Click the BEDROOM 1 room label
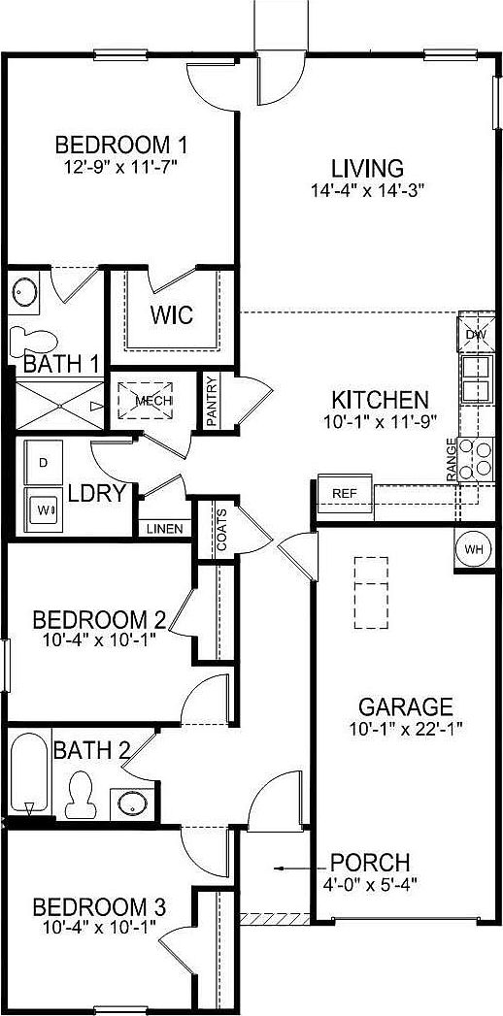(x=121, y=146)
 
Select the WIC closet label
(x=171, y=315)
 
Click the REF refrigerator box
(x=345, y=493)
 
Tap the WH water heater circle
(x=474, y=549)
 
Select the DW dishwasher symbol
(x=476, y=335)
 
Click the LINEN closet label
(x=163, y=529)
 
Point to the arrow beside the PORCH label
(x=287, y=869)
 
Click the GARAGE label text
(x=405, y=705)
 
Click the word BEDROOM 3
(x=99, y=908)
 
